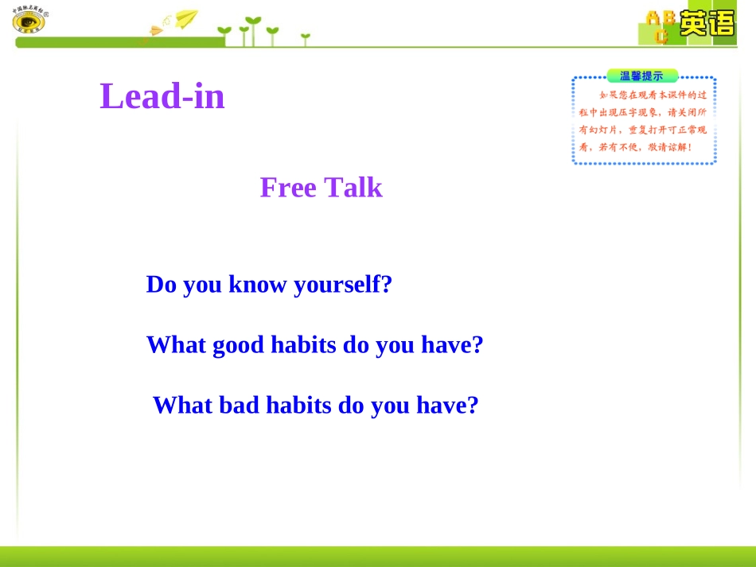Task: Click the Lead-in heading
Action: pos(162,97)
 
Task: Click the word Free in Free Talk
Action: pos(287,188)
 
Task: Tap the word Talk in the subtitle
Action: pos(353,188)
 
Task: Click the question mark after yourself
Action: pos(388,285)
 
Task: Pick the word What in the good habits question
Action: pos(175,345)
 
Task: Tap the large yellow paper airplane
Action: pos(186,18)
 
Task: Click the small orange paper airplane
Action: pos(155,31)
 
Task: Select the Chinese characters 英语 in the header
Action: pos(707,23)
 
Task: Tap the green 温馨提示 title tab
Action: pos(641,76)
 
